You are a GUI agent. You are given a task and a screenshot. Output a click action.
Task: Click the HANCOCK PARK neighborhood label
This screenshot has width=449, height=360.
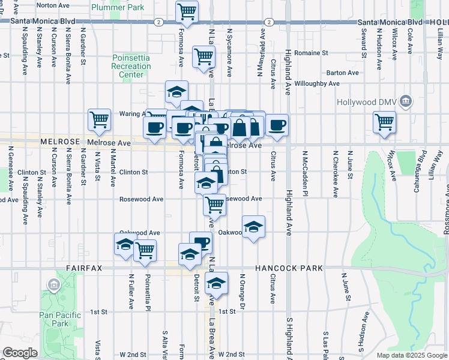point(289,268)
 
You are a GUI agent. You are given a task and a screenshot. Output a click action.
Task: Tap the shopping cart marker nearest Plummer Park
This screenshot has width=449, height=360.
point(187,11)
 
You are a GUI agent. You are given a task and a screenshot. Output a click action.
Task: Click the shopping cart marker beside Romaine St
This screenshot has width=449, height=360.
point(204,56)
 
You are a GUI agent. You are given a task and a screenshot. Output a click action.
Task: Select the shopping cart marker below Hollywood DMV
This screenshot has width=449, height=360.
point(384,122)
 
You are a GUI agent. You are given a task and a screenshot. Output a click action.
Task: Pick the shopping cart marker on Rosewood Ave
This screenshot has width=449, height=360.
point(214,205)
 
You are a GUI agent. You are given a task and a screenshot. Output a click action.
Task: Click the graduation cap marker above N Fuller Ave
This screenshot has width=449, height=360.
point(125,245)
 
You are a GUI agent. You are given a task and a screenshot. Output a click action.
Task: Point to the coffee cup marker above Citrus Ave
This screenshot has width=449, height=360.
point(277,125)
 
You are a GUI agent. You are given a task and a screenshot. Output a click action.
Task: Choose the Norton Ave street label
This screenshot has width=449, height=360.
point(53,5)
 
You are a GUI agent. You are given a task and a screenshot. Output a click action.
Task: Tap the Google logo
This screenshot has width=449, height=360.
point(20,353)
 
